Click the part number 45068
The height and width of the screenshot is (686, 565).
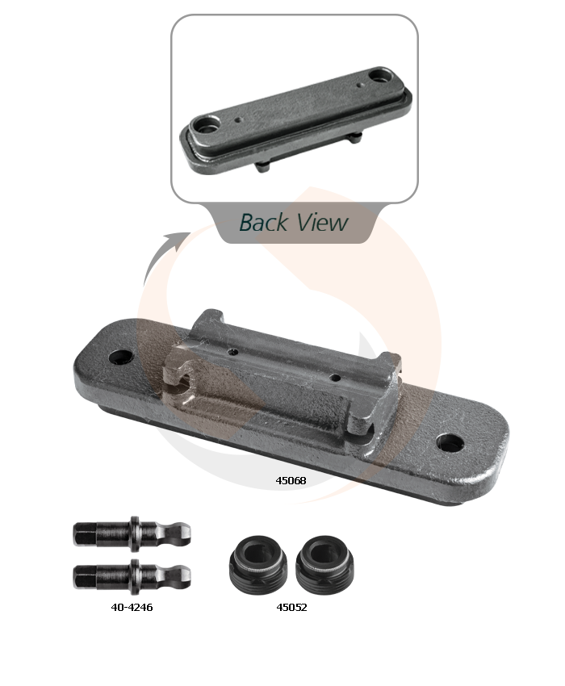(x=291, y=480)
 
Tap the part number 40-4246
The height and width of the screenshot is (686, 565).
(x=132, y=607)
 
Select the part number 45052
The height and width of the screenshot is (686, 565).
(x=291, y=607)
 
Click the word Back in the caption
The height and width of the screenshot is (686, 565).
(x=263, y=222)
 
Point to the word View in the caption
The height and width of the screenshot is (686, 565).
(x=322, y=222)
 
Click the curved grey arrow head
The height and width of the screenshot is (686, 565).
(x=179, y=241)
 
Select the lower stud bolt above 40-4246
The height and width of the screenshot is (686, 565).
(x=132, y=576)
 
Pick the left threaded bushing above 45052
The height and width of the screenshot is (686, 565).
(x=258, y=564)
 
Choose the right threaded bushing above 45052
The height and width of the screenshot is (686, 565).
(x=324, y=564)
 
